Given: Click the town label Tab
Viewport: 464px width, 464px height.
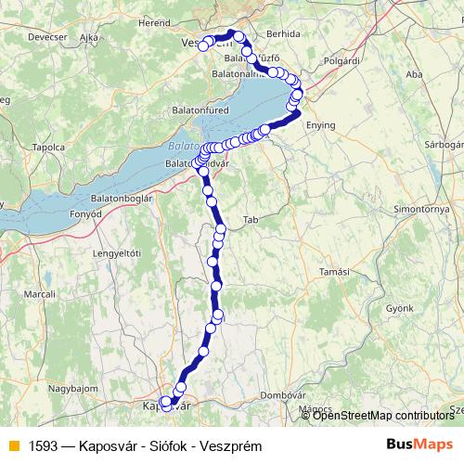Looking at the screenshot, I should pyautogui.click(x=250, y=220).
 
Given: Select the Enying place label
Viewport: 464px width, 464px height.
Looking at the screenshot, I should pyautogui.click(x=320, y=124).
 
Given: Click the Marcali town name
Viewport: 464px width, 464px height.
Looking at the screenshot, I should pyautogui.click(x=40, y=294).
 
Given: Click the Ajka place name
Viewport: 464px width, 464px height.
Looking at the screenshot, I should pyautogui.click(x=89, y=37).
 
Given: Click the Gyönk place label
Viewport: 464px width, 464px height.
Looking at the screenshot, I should pyautogui.click(x=399, y=306).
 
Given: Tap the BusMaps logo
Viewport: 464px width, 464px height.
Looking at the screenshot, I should pyautogui.click(x=419, y=445).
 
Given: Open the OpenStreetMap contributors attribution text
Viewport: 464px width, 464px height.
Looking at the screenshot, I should pyautogui.click(x=383, y=415).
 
